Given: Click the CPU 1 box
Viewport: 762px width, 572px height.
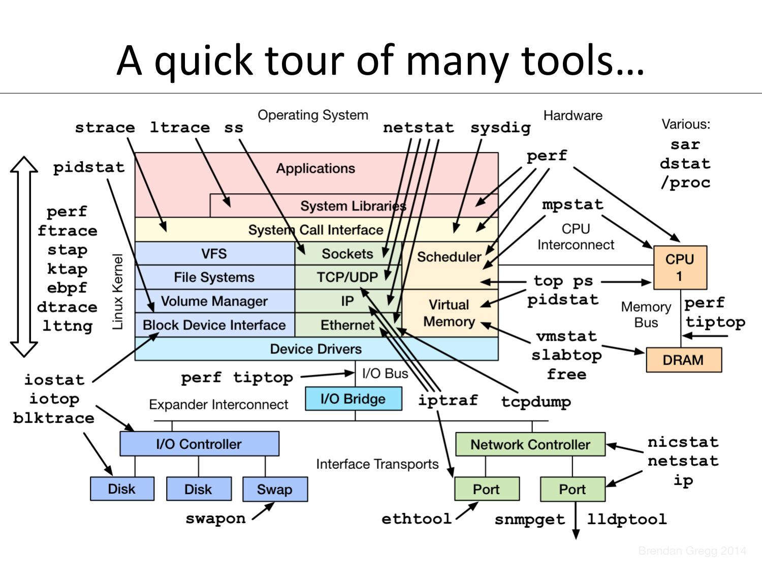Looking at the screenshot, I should [680, 267].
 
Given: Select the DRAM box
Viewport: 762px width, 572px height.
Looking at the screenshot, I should [683, 360].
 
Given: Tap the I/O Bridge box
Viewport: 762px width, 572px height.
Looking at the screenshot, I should [353, 399].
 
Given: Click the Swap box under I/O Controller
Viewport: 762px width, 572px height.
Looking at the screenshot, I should [275, 489].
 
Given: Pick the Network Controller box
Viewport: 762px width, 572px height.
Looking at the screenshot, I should [530, 444].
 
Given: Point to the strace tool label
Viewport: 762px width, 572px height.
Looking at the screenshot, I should [105, 127].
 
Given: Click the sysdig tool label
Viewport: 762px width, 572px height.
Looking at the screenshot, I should [500, 127].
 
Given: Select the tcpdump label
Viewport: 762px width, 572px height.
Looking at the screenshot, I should [536, 402].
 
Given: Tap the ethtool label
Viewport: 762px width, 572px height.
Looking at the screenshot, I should [417, 519].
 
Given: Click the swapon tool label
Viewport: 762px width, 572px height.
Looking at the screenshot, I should [215, 519].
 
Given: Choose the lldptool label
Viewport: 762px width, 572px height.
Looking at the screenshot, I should [627, 519].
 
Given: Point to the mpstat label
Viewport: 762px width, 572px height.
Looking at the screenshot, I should [573, 204].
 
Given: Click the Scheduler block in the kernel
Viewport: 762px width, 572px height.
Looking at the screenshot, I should [449, 257].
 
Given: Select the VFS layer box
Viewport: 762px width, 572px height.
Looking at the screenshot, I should [214, 253].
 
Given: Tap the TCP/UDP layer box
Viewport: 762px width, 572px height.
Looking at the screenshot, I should [347, 277].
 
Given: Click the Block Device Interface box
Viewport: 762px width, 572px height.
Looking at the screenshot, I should [214, 325].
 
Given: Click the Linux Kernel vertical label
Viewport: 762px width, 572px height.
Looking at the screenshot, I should [118, 292].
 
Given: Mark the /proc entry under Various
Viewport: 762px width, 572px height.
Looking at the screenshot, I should [685, 183].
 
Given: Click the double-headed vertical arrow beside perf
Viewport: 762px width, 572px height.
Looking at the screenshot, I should [24, 257].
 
